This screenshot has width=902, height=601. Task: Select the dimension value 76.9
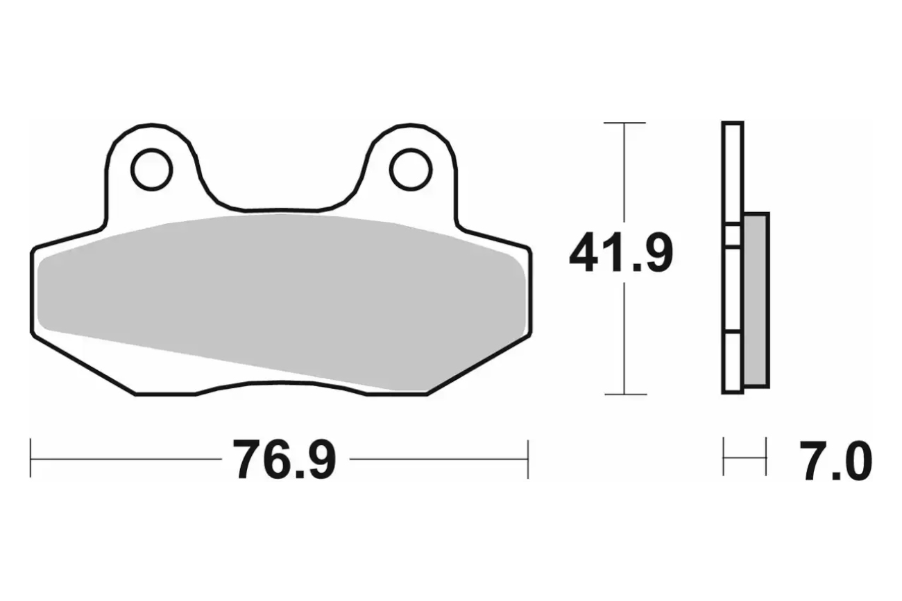(x=284, y=460)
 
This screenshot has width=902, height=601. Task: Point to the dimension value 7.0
(x=835, y=460)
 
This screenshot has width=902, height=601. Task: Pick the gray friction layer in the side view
(x=756, y=301)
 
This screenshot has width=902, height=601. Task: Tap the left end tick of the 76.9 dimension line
(x=31, y=459)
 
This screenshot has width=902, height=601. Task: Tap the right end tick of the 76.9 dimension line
(x=528, y=460)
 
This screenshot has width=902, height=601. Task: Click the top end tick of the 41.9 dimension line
(x=624, y=123)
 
